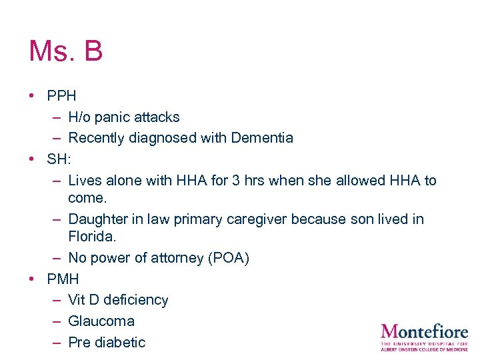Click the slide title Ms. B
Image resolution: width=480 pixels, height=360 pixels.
point(65,51)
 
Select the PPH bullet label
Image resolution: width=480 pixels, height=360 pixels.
point(61,96)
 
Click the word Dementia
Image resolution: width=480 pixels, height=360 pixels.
point(262,138)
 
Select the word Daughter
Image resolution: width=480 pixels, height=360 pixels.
point(98,219)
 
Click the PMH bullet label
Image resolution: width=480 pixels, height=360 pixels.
point(63,279)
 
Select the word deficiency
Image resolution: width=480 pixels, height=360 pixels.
point(135,301)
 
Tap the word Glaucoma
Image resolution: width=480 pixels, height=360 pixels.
point(101,321)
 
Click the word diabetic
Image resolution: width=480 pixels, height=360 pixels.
point(119,343)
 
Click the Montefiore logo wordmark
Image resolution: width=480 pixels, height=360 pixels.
point(425,331)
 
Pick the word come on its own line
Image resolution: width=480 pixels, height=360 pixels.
point(87,199)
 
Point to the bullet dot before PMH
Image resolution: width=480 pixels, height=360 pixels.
point(32,279)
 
